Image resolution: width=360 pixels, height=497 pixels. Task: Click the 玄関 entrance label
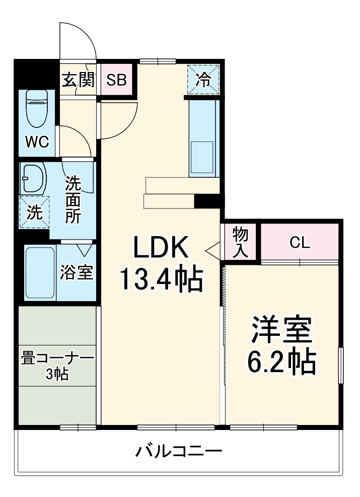click(x=78, y=80)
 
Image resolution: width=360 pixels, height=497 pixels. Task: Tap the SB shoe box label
click(x=116, y=80)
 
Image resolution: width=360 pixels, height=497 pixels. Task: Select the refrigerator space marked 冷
click(x=203, y=80)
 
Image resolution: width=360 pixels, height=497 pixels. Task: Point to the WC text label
click(x=37, y=143)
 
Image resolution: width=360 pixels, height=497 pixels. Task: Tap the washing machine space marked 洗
click(x=34, y=212)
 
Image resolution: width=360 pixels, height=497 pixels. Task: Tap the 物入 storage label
click(x=240, y=242)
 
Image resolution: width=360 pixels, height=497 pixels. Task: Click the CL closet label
click(x=299, y=242)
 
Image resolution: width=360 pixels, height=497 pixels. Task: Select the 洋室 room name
click(x=282, y=330)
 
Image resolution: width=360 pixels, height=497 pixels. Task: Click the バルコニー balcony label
click(x=179, y=450)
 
